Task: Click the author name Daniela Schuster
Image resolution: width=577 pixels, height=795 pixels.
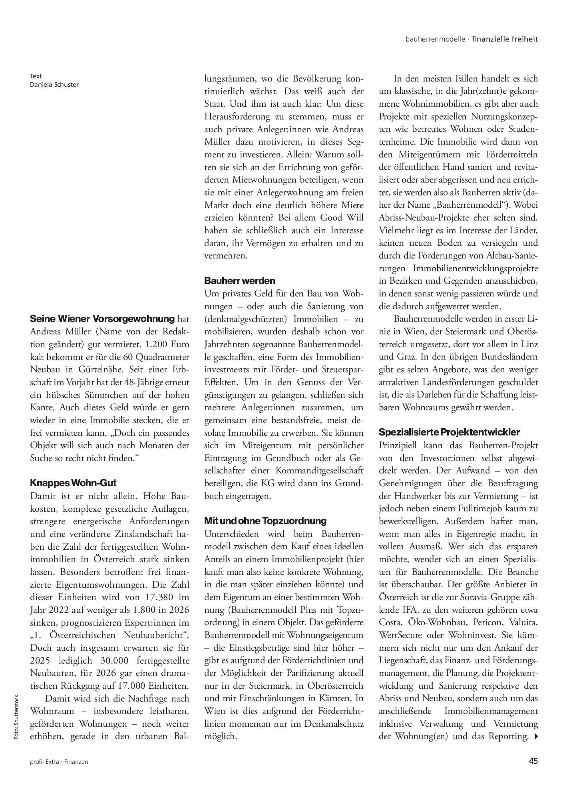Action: tap(54, 84)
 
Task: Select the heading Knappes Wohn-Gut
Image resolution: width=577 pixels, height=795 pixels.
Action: tap(73, 483)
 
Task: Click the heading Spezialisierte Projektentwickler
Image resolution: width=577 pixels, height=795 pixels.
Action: tap(449, 432)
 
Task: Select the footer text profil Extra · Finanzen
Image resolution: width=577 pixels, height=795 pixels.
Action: tap(59, 762)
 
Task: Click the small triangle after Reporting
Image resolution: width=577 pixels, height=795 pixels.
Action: tap(536, 736)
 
